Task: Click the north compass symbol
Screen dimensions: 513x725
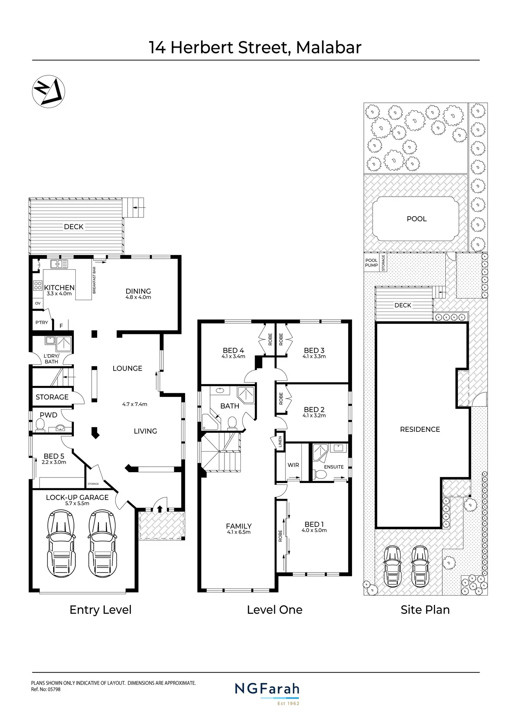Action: (48, 92)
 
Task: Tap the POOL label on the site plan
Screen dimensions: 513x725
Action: (416, 219)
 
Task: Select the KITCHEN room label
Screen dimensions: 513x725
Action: (59, 287)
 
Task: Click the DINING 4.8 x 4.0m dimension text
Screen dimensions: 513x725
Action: (138, 297)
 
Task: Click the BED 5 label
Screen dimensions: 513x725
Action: (54, 456)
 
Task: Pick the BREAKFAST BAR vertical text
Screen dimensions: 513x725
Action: (94, 280)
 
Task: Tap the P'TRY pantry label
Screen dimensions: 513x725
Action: (41, 322)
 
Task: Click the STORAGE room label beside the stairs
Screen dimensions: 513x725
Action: (52, 397)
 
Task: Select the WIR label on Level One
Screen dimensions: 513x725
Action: (293, 465)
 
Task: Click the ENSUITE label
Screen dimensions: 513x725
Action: (334, 467)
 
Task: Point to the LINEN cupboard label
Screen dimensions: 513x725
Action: (280, 442)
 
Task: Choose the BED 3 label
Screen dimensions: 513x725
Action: (314, 350)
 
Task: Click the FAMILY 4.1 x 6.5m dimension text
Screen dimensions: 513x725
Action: (238, 532)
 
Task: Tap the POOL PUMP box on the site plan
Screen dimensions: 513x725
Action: (372, 263)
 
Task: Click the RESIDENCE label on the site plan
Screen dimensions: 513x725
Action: (420, 429)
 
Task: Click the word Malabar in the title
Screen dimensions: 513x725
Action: (329, 48)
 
